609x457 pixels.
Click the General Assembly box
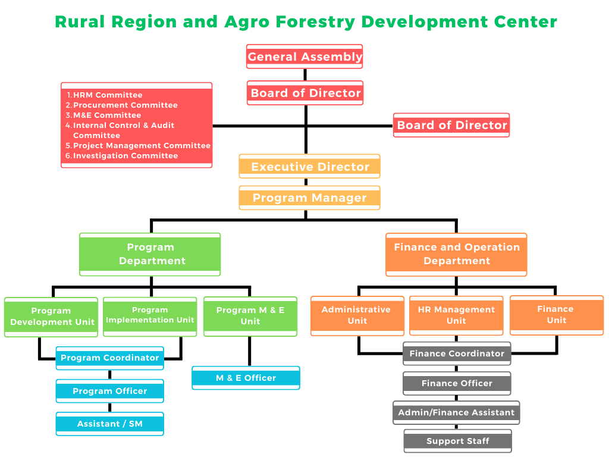304,57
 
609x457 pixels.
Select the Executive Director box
309,167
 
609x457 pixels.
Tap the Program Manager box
309,198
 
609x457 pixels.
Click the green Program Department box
150,254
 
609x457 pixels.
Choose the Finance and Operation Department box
456,254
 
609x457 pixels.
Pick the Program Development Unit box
51,317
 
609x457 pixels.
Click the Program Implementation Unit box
150,316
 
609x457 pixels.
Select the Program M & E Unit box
250,316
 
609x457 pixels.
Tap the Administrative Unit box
357,315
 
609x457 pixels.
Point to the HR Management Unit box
456,315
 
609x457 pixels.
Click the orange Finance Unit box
556,315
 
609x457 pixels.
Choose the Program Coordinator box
110,358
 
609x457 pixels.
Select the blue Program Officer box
110,391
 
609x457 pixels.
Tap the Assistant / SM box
110,424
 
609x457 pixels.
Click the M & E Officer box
246,378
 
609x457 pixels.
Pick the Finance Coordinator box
457,353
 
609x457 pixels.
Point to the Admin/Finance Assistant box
456,412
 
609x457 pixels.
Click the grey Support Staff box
457,441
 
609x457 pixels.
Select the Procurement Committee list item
125,105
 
